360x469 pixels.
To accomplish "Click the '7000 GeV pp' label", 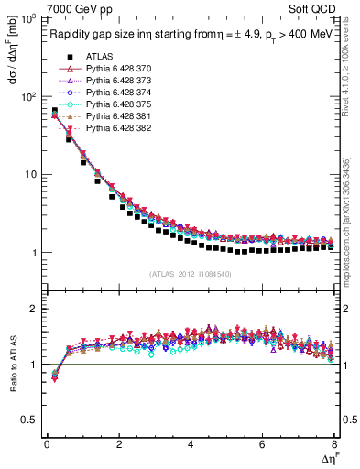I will coord(73,9).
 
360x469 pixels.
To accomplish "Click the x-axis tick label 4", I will coord(191,444).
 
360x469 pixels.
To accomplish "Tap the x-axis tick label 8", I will coord(333,444).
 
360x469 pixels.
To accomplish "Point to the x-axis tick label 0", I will coord(47,444).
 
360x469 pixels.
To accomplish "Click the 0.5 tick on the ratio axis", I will coord(30,420).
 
